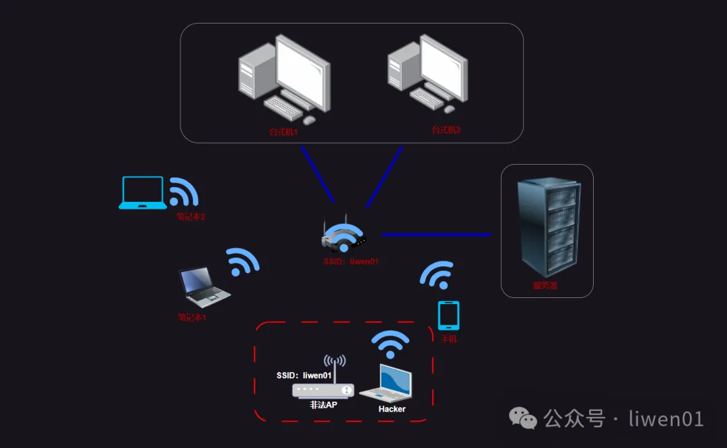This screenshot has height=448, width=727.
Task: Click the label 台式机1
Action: tap(283, 132)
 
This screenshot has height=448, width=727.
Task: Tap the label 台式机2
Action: tap(446, 129)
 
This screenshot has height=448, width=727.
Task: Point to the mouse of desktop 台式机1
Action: tap(309, 120)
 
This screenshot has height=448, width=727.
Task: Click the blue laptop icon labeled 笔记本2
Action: tap(143, 192)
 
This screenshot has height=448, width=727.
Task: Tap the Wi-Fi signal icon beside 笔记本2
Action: tap(182, 192)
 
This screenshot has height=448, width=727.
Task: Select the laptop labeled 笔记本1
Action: tap(203, 286)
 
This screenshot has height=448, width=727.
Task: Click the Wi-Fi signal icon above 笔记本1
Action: tap(242, 262)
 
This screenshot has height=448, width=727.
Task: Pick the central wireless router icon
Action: tap(344, 235)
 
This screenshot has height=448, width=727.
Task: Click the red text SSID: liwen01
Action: tap(351, 261)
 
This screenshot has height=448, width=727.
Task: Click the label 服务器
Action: tap(545, 286)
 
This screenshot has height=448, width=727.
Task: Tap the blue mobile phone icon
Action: tap(448, 315)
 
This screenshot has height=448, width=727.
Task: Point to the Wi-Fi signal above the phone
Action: tap(436, 274)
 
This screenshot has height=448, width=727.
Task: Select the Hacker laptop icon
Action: tap(388, 385)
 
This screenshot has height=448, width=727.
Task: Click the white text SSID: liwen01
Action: tap(304, 375)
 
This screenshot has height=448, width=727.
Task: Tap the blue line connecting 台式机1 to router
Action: tap(318, 174)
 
